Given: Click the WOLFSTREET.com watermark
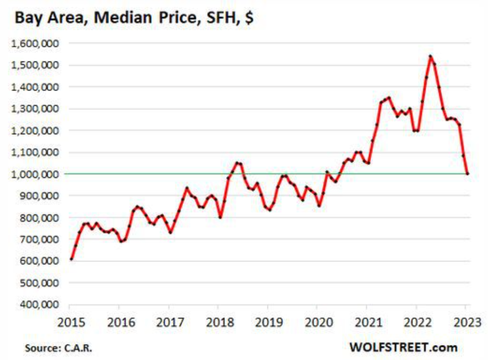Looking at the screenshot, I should point(403,347).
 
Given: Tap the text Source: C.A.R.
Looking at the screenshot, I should point(58,348).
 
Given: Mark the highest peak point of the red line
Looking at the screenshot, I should point(430,56).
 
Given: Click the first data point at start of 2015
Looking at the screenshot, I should point(71,259).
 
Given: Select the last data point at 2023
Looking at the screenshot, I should point(468,173).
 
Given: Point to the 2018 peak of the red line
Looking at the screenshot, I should point(237,162).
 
